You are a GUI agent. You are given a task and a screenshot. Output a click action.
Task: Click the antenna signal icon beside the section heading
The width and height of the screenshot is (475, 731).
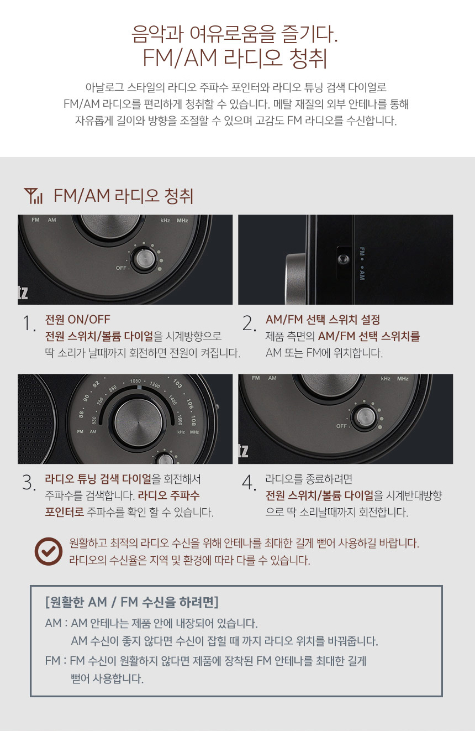[33, 196]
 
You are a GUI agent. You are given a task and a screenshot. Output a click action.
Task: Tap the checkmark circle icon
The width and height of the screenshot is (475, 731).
[49, 551]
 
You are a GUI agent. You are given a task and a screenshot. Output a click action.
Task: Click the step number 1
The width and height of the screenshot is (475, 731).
[29, 323]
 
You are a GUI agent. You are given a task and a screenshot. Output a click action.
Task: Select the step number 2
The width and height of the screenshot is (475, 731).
[250, 323]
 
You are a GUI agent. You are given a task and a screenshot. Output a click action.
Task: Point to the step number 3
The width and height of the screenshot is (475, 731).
[29, 483]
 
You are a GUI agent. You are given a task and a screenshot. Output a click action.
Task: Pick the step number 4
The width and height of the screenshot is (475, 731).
[250, 483]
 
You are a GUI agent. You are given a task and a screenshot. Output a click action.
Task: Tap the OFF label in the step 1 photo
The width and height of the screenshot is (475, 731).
[121, 268]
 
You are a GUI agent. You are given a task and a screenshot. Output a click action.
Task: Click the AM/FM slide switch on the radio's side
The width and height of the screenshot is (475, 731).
[344, 259]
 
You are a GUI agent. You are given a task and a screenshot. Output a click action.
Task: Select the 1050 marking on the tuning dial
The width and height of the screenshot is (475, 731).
[136, 381]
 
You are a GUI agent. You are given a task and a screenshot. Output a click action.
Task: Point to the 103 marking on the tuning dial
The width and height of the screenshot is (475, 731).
[177, 383]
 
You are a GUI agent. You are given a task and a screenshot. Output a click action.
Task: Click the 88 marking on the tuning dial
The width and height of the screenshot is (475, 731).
[81, 414]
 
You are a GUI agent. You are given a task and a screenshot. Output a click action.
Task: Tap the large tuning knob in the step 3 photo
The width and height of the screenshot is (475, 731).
[139, 422]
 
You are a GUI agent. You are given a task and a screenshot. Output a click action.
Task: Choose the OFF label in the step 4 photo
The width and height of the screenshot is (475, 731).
[341, 426]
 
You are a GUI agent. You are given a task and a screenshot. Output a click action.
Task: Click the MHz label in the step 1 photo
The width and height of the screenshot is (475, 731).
[183, 221]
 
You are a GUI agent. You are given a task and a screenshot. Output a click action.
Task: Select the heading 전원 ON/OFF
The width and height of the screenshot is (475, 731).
[77, 320]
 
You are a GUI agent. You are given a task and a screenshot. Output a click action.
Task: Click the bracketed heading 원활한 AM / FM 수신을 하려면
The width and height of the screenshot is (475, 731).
[131, 602]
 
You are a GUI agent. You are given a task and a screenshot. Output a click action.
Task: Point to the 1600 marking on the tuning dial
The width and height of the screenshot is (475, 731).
[180, 420]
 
